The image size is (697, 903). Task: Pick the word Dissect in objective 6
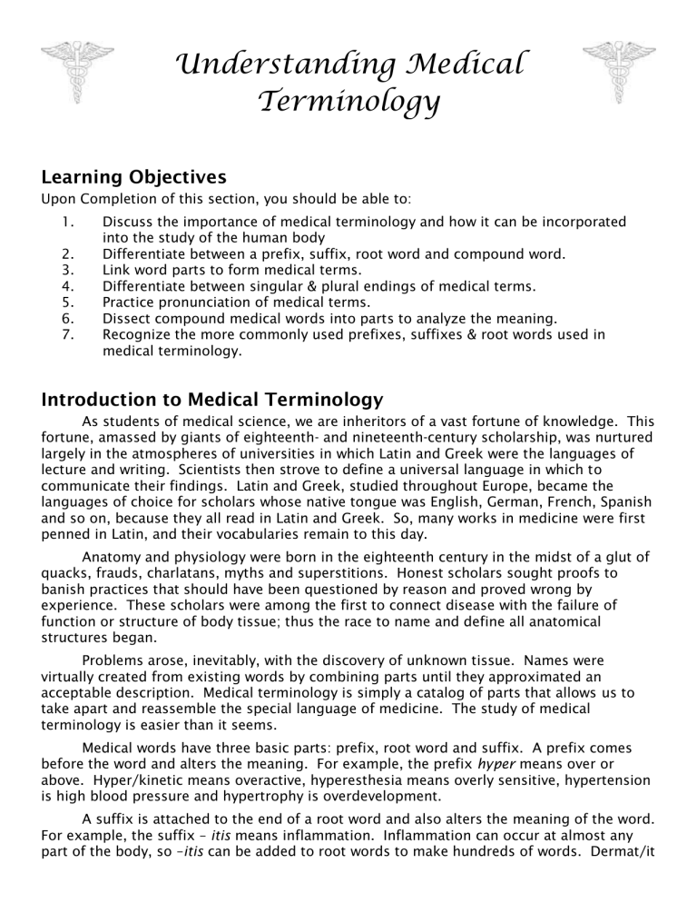pyautogui.click(x=127, y=320)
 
